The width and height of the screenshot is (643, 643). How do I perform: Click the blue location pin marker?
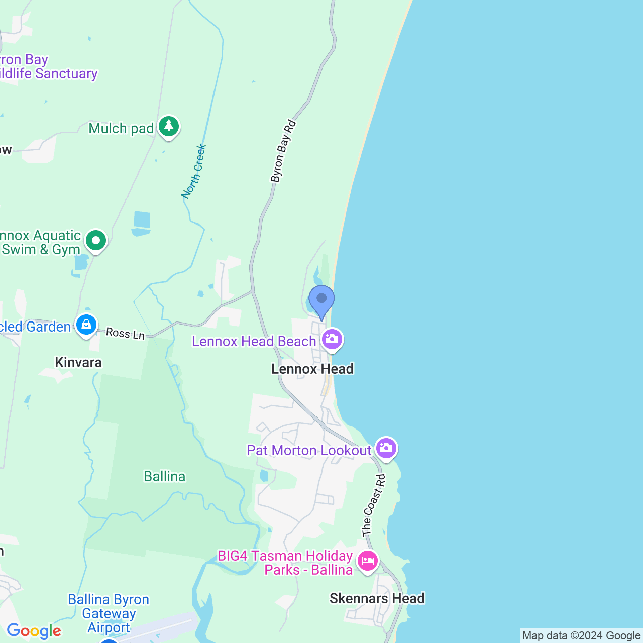321,300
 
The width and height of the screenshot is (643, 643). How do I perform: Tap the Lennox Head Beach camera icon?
332,339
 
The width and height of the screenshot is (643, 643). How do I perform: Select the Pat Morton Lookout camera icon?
386,448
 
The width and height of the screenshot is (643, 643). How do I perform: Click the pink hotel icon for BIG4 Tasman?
368,561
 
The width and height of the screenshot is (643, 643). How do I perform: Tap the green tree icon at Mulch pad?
169,126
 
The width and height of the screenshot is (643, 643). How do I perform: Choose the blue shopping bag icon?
86,325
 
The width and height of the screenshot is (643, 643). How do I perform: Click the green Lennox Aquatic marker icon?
96,240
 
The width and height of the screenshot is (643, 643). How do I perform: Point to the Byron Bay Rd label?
283,151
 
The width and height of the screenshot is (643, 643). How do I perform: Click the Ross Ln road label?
125,333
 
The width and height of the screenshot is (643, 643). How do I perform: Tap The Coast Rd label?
374,505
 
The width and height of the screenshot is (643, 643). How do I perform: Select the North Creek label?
194,171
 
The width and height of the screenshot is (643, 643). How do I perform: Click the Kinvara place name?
78,362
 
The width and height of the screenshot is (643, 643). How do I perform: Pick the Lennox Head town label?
312,369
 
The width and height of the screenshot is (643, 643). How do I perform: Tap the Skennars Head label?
377,598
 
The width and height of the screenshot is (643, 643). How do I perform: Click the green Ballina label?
165,476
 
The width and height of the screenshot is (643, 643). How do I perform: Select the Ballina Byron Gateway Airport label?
109,613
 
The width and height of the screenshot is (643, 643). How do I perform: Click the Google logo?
34,631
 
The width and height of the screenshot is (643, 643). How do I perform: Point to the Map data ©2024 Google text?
581,636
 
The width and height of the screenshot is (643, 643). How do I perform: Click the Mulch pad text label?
121,129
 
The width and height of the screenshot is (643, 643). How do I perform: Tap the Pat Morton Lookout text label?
309,450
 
